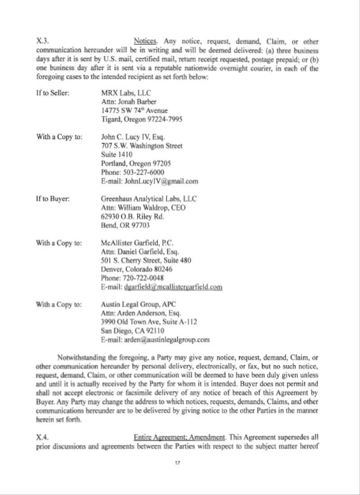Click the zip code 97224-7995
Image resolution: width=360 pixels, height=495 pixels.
pos(167,119)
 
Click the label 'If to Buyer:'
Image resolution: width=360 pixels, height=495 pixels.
pos(53,198)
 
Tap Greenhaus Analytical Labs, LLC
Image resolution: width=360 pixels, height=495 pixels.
pos(148,198)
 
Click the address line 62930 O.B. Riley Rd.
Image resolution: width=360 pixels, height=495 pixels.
pos(132,216)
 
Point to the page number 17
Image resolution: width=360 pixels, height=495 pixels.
pos(178,463)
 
